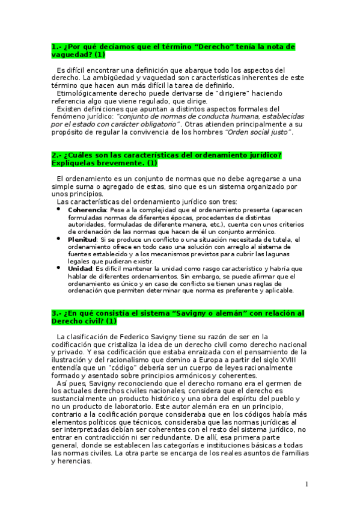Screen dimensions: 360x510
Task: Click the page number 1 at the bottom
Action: click(x=307, y=484)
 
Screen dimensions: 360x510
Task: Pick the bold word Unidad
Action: click(x=80, y=268)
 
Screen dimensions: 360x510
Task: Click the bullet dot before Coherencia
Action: click(x=59, y=209)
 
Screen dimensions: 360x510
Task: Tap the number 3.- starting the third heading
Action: click(x=56, y=313)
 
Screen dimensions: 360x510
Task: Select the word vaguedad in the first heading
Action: click(x=72, y=55)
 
